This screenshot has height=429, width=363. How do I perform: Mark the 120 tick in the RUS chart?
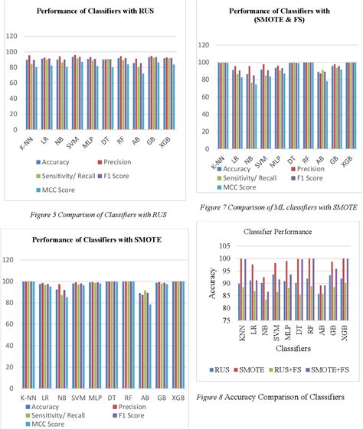point(11,36)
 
